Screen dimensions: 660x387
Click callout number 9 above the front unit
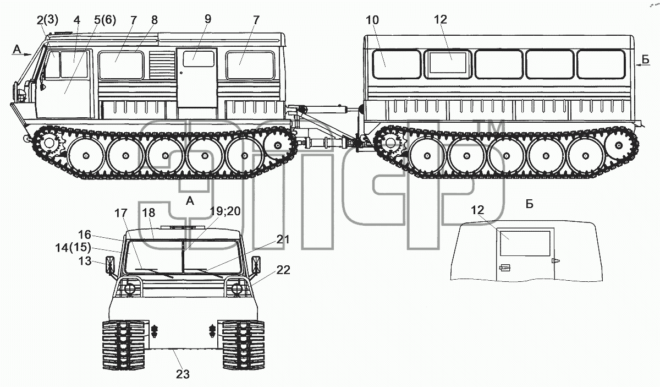pos(208,19)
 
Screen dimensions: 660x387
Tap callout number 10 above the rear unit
pos(372,20)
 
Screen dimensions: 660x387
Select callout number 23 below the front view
pos(183,374)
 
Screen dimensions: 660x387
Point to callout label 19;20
pos(225,211)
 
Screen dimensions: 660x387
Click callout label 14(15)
pos(73,248)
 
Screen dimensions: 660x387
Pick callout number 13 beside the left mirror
pos(85,261)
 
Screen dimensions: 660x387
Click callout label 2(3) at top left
pos(47,20)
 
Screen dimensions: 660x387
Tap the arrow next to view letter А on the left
pos(26,54)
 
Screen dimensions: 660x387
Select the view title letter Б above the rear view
pos(530,204)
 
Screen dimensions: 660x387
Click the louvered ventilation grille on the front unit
pos(162,65)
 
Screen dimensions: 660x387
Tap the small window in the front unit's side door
pos(199,59)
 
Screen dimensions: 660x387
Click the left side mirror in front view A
pos(110,265)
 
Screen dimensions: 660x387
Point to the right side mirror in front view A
pos(256,265)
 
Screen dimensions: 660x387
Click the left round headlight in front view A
pos(129,288)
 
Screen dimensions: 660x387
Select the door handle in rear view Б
pos(505,268)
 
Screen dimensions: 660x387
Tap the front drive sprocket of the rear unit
pos(390,144)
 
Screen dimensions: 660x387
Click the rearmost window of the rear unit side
pos(601,64)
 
